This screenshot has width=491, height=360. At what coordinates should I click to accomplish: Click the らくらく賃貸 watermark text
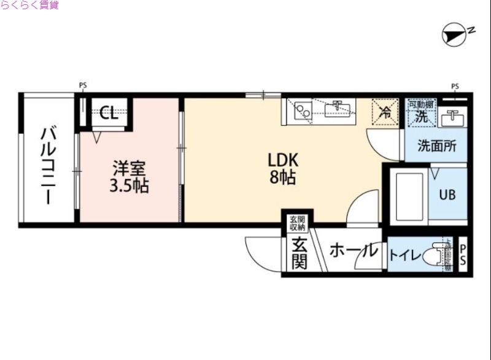pyautogui.click(x=29, y=6)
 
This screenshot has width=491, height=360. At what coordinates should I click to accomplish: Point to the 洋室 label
pyautogui.click(x=128, y=168)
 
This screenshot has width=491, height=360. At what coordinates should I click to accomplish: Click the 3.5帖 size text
pyautogui.click(x=129, y=185)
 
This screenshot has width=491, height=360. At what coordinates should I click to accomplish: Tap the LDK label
pyautogui.click(x=282, y=160)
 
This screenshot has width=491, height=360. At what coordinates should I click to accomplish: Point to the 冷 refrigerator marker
pyautogui.click(x=385, y=112)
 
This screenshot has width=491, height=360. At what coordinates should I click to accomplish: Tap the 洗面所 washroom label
pyautogui.click(x=436, y=147)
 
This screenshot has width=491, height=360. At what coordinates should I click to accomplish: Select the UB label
pyautogui.click(x=446, y=195)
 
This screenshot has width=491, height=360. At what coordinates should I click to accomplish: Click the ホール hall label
pyautogui.click(x=353, y=251)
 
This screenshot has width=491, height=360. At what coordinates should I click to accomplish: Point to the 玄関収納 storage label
pyautogui.click(x=298, y=222)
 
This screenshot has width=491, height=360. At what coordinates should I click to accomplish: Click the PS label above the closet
pyautogui.click(x=83, y=85)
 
